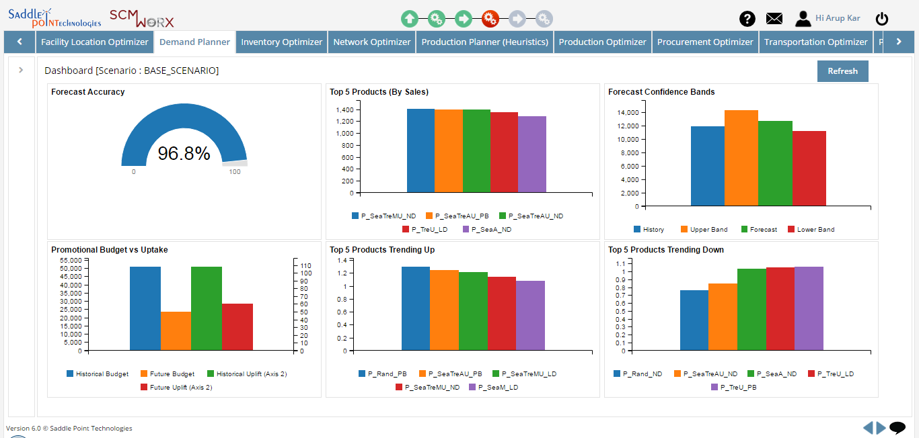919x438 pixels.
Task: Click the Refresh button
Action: click(x=842, y=71)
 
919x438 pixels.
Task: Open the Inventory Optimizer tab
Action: click(x=281, y=42)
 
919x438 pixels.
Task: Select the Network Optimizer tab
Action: click(x=371, y=42)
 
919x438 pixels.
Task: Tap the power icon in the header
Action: click(x=881, y=19)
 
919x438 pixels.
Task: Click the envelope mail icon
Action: click(x=774, y=19)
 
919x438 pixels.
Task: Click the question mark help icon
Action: click(x=747, y=19)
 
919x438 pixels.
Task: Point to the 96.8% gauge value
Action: click(x=184, y=154)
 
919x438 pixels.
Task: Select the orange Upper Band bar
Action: click(x=741, y=158)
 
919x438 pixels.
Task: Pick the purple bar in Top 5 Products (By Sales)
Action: click(x=531, y=155)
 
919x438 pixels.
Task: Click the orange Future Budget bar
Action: click(x=176, y=331)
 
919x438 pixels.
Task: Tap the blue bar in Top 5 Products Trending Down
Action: click(x=694, y=320)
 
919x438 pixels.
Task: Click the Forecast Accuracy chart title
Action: click(x=87, y=92)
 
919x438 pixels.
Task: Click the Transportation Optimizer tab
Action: click(x=815, y=42)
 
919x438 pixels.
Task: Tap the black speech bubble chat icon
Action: click(x=897, y=428)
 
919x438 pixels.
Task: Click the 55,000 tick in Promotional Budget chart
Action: click(x=71, y=260)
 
